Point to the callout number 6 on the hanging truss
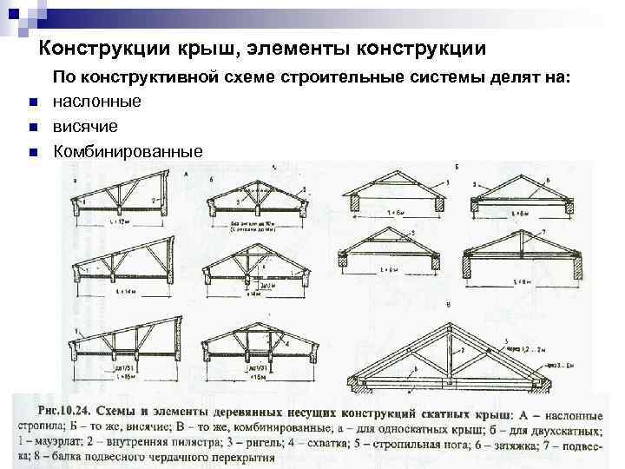(547, 178)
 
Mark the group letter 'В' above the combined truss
(446, 306)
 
